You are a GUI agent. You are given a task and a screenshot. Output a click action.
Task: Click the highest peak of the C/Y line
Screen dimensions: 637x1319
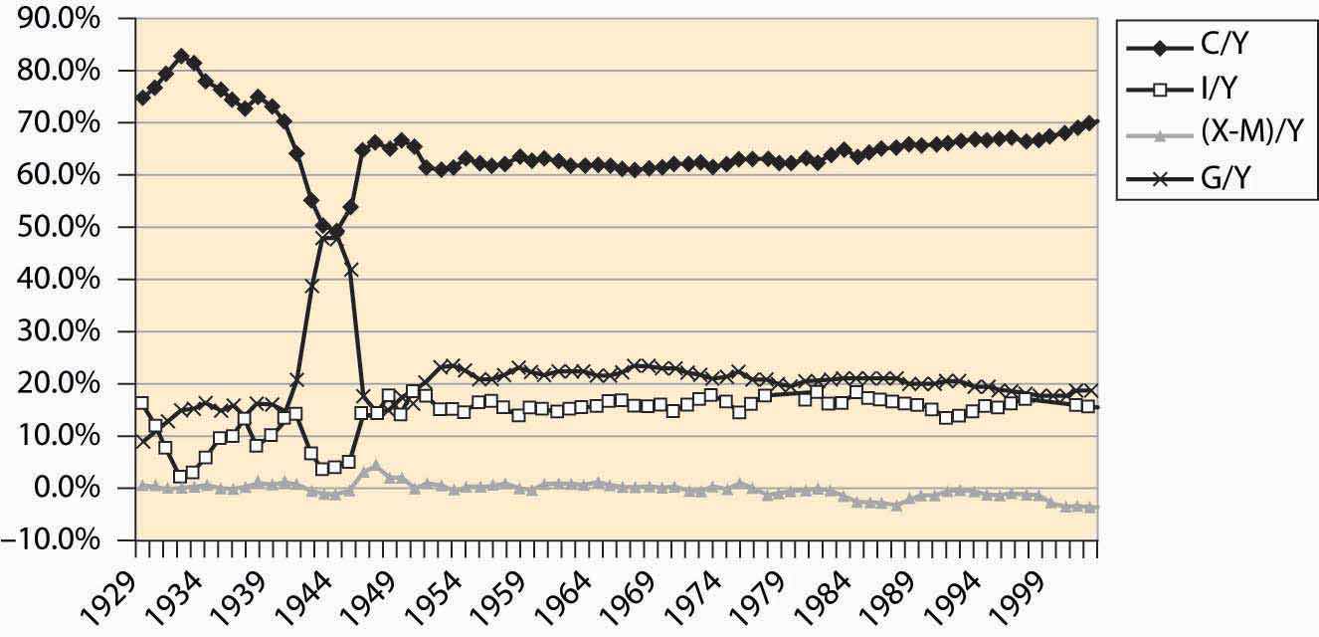(x=181, y=57)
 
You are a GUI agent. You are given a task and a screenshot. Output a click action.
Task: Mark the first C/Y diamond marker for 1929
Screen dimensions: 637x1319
(x=142, y=98)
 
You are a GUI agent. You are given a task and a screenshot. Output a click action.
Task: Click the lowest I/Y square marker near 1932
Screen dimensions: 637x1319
(x=180, y=476)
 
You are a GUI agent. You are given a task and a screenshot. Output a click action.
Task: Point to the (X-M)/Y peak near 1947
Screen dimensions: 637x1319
(x=375, y=466)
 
